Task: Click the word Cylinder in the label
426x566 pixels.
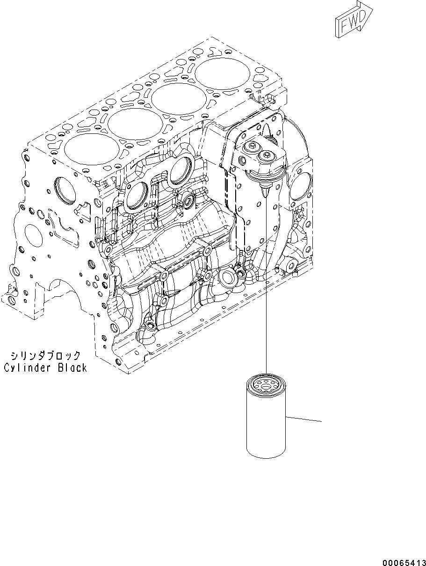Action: (29, 368)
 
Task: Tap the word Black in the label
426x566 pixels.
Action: (72, 368)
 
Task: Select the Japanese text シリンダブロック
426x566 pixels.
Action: (45, 356)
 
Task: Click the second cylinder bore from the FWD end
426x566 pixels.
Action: (178, 99)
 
